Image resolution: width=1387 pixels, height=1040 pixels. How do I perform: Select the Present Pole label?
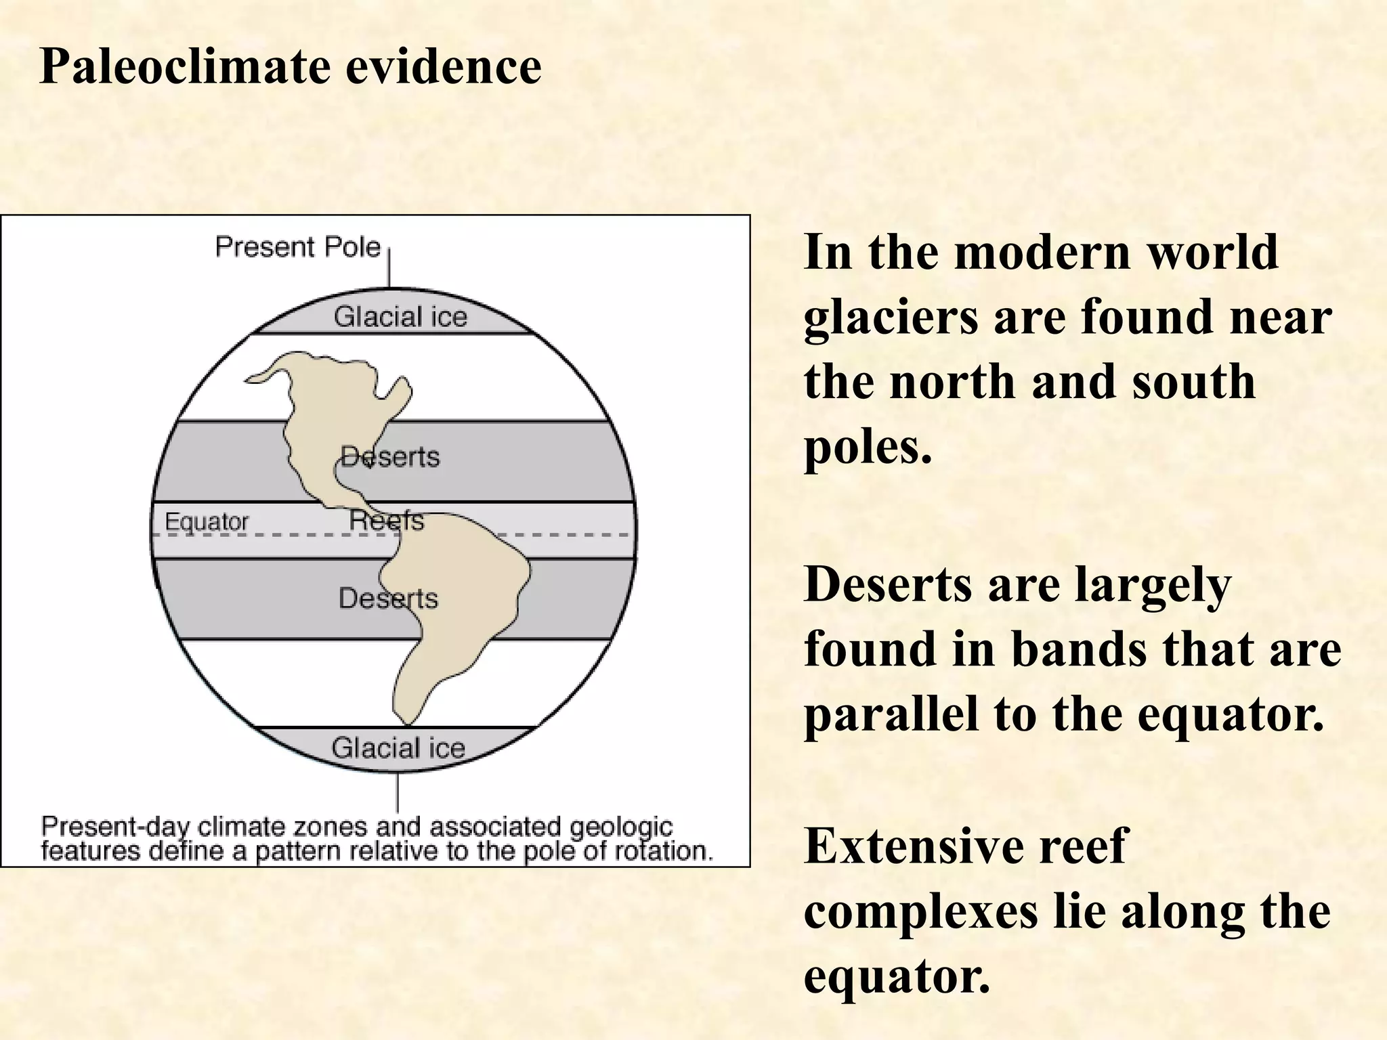pos(297,247)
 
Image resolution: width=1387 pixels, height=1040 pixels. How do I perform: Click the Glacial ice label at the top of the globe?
pos(400,317)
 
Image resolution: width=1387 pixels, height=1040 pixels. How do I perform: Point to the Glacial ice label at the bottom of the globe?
pos(398,748)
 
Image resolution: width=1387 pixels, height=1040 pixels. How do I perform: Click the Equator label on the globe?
pos(207,521)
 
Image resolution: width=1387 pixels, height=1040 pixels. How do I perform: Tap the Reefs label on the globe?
pos(386,521)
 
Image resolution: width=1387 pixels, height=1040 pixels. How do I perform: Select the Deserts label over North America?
pos(390,457)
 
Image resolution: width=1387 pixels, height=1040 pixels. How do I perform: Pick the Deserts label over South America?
pos(388,599)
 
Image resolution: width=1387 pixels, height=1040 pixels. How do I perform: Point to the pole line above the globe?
pos(389,267)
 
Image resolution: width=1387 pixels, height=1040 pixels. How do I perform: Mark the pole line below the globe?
pos(398,792)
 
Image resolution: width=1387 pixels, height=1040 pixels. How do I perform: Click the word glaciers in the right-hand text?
pos(891,318)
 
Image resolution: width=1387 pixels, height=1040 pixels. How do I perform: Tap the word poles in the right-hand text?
pos(867,448)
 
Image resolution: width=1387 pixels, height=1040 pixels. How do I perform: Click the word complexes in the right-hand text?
pos(920,911)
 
